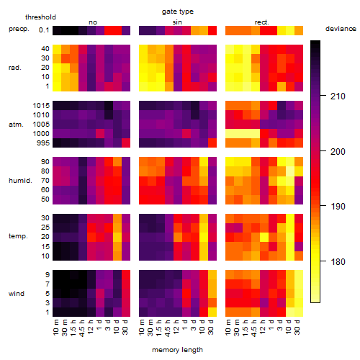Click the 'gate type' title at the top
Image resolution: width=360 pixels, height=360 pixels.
point(178,12)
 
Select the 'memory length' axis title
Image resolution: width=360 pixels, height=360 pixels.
point(177,350)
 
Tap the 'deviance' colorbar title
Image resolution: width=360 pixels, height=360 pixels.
point(341,29)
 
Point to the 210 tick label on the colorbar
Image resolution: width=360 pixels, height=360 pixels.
point(338,96)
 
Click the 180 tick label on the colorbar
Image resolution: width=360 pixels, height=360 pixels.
point(338,261)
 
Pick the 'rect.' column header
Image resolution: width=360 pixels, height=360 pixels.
point(262,22)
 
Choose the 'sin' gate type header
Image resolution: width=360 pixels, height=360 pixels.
point(177,22)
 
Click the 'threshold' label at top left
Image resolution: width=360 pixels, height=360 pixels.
point(40,17)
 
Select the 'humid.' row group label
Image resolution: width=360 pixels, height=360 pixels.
point(20,181)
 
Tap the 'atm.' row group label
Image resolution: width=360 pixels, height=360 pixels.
point(16,125)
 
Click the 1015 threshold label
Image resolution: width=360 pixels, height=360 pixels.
point(41,106)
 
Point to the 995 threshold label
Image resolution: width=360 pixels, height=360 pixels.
point(43,143)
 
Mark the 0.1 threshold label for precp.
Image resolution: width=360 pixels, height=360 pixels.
point(44,30)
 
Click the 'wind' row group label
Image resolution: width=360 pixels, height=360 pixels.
point(17,294)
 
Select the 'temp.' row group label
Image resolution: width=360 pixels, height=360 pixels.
point(18,236)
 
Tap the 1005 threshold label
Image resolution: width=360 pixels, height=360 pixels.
point(41,125)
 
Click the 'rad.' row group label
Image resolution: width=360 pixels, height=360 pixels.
point(15,68)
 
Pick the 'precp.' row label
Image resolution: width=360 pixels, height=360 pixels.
point(19,30)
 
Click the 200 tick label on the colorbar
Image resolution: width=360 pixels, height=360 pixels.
point(338,152)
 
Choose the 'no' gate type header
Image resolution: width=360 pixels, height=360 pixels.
point(93,22)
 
